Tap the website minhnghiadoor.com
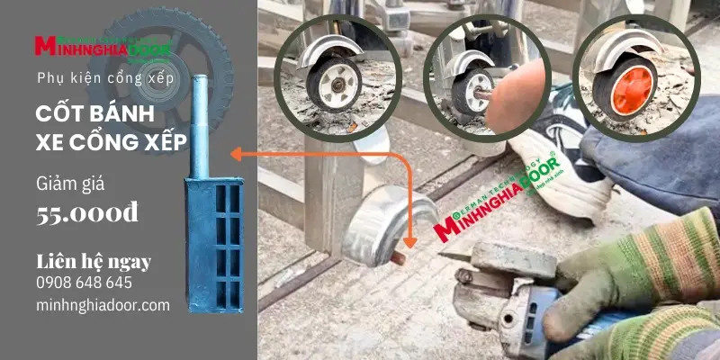point(103,305)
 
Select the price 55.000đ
point(87,213)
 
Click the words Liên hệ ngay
point(94,262)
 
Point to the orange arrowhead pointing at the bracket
point(236,155)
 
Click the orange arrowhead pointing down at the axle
point(410,241)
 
